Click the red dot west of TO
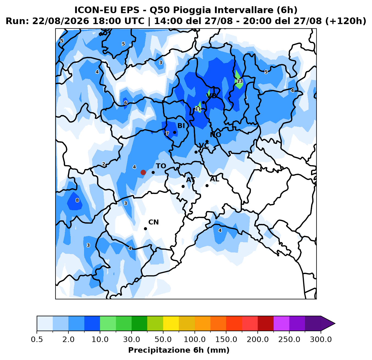click(x=143, y=172)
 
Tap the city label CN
click(x=154, y=222)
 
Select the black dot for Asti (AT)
click(x=183, y=186)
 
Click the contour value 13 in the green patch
click(x=240, y=81)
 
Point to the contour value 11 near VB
click(x=198, y=109)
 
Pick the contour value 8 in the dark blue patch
click(x=77, y=200)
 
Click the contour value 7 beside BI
click(x=167, y=133)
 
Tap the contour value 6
click(x=126, y=103)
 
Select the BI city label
click(x=181, y=126)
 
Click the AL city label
click(x=214, y=179)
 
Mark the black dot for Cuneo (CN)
click(x=145, y=229)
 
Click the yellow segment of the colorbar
click(x=171, y=323)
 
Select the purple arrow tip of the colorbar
click(x=335, y=323)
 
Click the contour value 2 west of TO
click(x=104, y=164)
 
